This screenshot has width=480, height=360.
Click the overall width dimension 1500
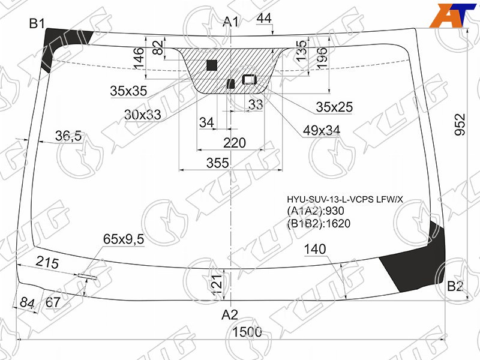coord(247,332)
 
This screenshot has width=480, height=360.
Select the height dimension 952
coord(460,125)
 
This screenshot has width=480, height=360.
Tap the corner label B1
coord(37,23)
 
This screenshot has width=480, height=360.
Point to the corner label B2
coord(455,287)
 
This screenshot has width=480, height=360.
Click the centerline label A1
coord(231,22)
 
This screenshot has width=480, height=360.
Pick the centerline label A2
coord(230,314)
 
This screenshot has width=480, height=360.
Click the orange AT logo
coord(454,16)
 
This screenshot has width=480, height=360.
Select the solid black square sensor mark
coord(212,65)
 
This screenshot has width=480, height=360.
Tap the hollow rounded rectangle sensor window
coord(250,80)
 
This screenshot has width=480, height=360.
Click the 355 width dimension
coord(218,163)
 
